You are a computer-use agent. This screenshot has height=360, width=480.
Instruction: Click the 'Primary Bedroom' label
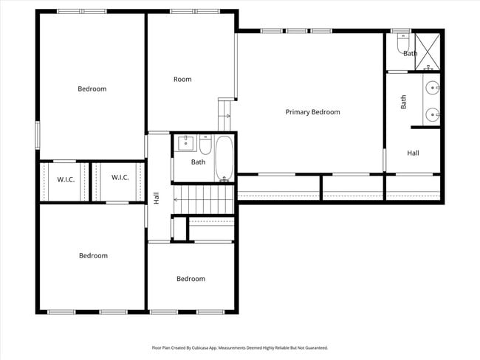312,112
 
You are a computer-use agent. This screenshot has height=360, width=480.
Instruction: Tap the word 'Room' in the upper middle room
182,80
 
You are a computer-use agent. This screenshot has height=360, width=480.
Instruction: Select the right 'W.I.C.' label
120,177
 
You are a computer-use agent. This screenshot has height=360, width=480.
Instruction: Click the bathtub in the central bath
224,159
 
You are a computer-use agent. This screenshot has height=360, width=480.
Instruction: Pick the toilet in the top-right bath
402,46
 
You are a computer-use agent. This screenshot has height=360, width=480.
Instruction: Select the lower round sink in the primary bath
433,114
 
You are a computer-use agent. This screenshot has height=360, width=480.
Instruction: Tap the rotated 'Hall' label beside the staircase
156,198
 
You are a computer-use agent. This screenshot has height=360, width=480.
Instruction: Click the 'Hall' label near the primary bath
413,153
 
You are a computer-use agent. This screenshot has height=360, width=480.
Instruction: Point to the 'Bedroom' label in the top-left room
92,89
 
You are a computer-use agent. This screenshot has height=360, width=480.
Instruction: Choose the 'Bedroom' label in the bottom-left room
93,256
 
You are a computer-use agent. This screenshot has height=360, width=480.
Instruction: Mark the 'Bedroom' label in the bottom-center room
191,279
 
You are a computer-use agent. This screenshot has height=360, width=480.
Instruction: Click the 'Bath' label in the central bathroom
198,162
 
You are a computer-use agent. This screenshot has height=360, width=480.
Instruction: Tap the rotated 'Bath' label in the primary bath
404,102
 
